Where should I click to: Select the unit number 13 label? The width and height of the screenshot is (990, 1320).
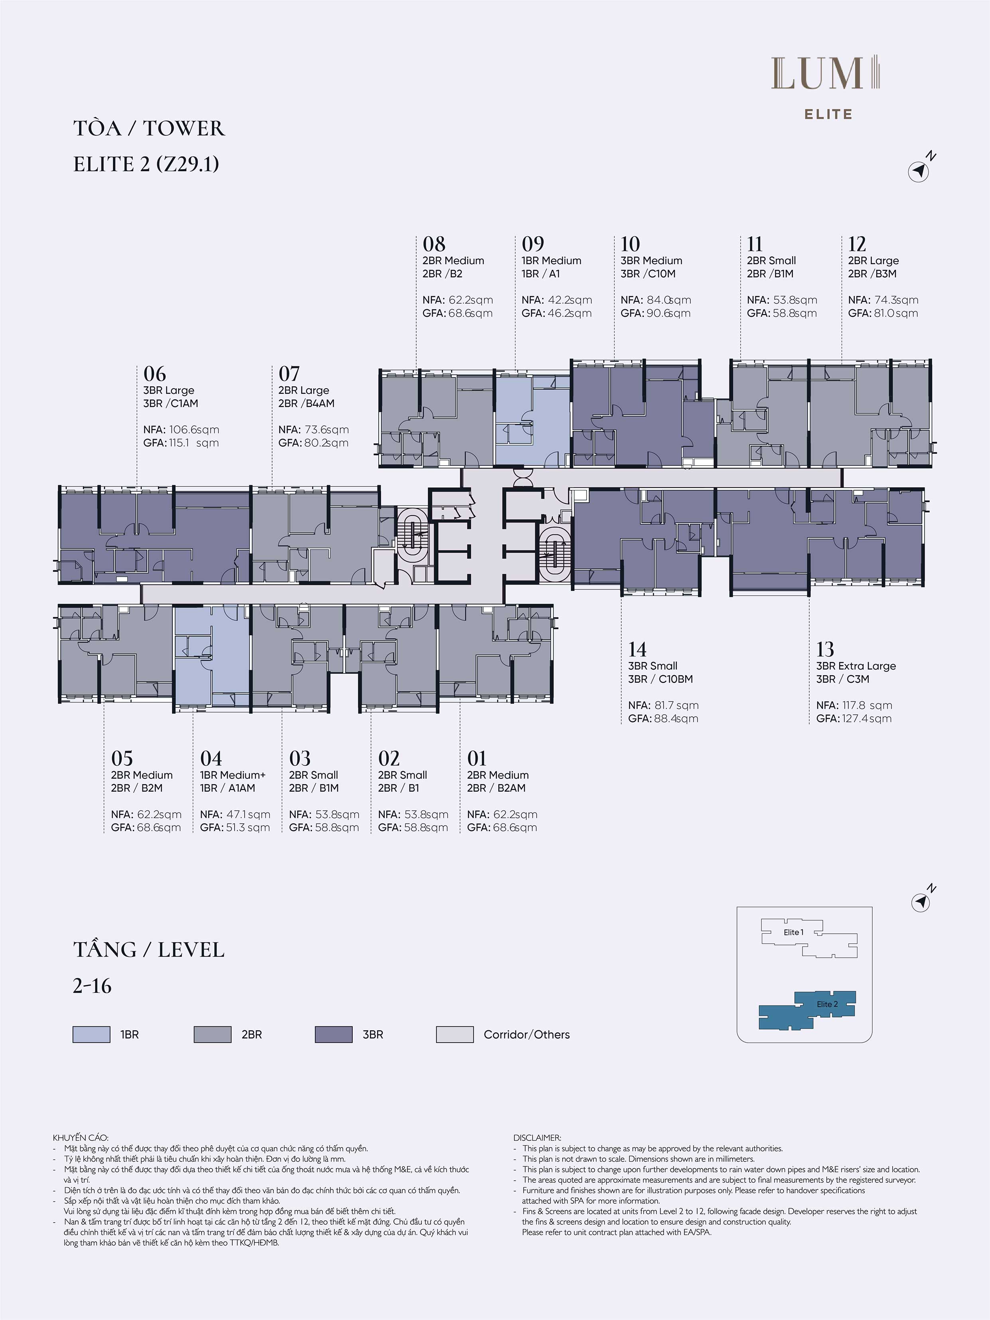click(x=825, y=649)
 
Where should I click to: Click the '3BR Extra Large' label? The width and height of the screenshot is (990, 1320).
click(x=856, y=666)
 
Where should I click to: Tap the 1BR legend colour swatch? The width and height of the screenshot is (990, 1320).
click(x=91, y=1034)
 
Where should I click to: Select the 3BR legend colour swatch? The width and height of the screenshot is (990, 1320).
click(x=334, y=1034)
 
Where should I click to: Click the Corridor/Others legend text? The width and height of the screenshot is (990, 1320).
click(x=526, y=1035)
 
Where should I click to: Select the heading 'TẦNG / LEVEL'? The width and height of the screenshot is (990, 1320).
click(x=148, y=949)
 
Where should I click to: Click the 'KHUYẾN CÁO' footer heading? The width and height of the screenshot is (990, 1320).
click(x=81, y=1137)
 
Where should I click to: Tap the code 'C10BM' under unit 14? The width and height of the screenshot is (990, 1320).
click(x=676, y=679)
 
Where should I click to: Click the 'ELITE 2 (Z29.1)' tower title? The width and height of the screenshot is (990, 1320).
click(x=146, y=164)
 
